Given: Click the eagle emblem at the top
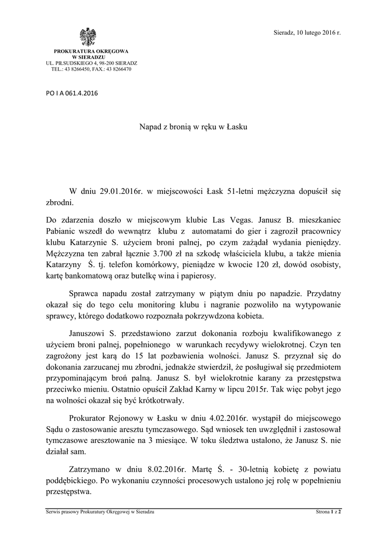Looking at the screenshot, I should (x=88, y=37).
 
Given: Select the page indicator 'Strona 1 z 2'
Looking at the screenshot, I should (x=328, y=512).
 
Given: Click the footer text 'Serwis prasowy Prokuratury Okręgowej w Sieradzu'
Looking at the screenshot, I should (x=100, y=512).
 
